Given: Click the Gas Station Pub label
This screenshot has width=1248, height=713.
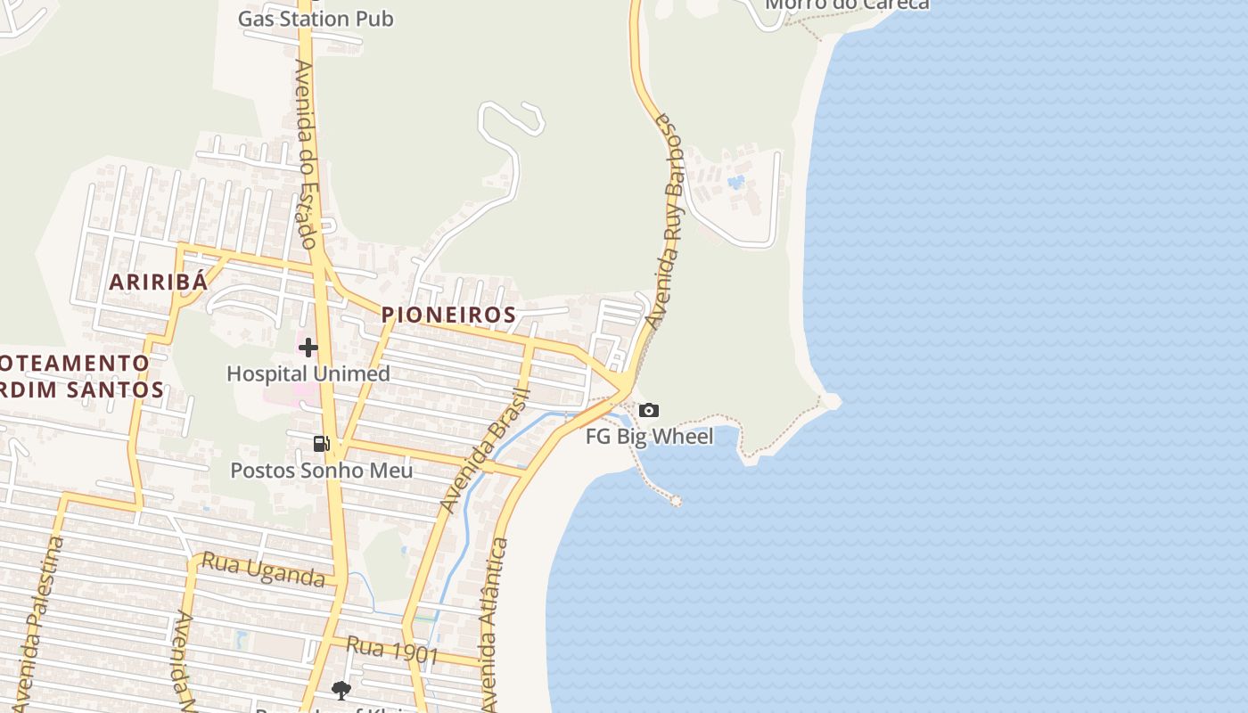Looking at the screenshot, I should coord(316,19).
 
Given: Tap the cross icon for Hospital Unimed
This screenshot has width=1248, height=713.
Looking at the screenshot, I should coord(308,347).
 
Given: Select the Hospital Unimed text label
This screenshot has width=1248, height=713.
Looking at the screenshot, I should coord(308,373).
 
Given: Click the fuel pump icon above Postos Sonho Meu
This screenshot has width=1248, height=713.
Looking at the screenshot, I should coord(322,443).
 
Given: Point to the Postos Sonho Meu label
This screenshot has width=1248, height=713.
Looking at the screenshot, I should coord(322,470).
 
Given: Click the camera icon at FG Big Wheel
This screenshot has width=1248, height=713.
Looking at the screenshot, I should coord(649,411).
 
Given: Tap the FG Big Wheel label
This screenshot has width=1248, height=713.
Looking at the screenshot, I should coord(649,437).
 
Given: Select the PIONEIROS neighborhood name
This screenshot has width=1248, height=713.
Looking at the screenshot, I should coord(448,315).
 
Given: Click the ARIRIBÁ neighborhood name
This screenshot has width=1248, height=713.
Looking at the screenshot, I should coord(158,283).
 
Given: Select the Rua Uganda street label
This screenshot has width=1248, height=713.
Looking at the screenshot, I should coord(263,570).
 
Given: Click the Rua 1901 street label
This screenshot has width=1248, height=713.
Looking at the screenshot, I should coord(391,650).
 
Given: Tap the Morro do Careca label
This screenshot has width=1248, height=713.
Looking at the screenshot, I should coord(847,4).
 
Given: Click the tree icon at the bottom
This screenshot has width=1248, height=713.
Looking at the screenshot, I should coord(341,689).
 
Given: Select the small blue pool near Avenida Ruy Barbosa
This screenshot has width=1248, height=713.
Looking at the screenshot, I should coord(735,183).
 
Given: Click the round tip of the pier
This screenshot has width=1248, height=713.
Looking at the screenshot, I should coord(676,501).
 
